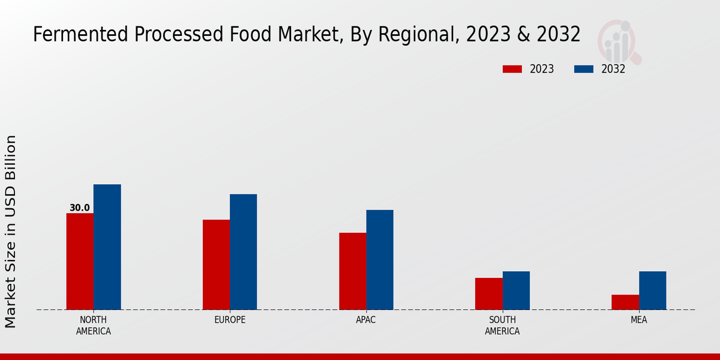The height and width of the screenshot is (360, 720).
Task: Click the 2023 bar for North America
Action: point(80,262)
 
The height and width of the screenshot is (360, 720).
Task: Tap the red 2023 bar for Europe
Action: point(216,265)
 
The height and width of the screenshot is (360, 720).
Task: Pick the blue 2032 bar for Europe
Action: point(243,252)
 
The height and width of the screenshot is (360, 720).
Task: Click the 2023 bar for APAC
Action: point(352,271)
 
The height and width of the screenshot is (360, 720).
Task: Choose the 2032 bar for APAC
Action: point(380,260)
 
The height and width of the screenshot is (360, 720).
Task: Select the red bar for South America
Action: point(488,294)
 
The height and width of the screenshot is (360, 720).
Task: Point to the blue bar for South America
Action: point(516,290)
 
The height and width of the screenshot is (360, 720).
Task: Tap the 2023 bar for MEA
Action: point(625,302)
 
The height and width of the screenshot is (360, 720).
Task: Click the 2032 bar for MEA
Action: point(652,290)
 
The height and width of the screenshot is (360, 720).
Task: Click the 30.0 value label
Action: point(80,208)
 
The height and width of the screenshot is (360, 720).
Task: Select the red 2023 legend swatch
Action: point(512,69)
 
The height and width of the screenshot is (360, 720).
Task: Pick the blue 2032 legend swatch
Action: point(584,69)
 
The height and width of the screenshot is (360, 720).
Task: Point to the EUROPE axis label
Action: point(230,320)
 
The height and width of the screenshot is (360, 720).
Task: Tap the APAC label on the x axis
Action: point(366,320)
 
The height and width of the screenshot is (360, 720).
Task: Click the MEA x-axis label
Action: point(638,320)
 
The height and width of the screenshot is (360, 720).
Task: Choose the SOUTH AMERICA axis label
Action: point(502,325)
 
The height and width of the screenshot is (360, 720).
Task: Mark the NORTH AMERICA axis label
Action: point(94,325)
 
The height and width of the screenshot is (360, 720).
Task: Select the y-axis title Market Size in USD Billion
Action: point(11,231)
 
